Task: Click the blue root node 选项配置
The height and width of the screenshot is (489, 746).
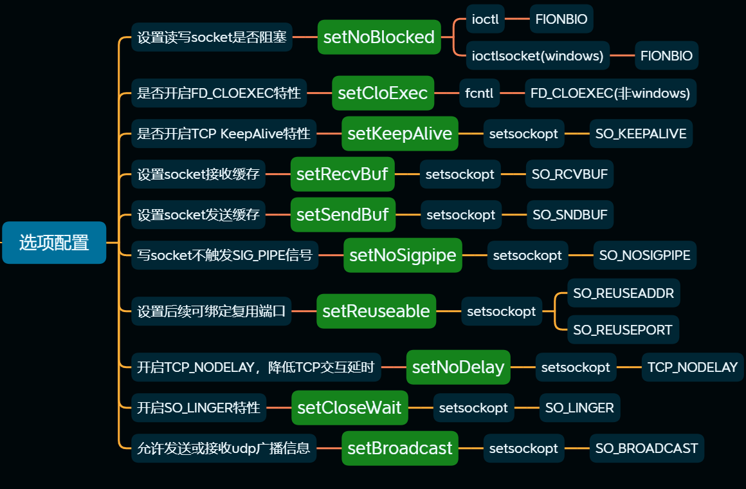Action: [54, 243]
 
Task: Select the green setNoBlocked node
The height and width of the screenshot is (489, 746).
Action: [379, 37]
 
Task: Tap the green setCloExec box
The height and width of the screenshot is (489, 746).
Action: [383, 93]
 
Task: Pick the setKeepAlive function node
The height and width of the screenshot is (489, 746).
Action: [399, 134]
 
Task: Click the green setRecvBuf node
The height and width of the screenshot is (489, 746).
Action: [342, 174]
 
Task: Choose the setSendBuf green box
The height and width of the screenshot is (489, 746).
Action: [342, 215]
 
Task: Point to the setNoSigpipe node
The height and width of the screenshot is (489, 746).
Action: [403, 255]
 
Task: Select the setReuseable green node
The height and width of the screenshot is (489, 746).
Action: [376, 311]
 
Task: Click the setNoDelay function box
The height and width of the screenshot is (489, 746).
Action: [458, 367]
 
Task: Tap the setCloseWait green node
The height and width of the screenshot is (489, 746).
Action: [349, 408]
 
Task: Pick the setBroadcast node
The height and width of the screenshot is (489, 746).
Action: [399, 448]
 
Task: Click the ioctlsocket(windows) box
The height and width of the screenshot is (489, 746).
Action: [538, 56]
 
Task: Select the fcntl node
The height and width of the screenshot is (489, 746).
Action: [479, 93]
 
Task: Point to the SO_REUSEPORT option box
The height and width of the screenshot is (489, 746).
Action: [623, 330]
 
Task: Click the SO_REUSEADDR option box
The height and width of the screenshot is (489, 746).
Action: [623, 293]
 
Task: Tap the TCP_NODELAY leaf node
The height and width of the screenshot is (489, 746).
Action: [692, 367]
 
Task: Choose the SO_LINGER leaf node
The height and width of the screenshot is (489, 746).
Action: [579, 408]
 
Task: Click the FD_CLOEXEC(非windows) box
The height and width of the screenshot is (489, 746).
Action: [610, 93]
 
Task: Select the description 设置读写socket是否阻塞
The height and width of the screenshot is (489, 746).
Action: [212, 37]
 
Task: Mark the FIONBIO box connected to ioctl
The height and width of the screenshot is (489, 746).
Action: [561, 19]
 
